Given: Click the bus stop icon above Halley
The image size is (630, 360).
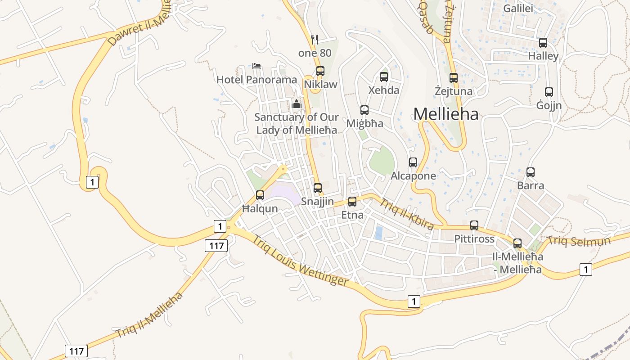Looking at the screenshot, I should [543, 43].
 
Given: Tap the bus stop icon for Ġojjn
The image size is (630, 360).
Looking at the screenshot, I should [549, 92].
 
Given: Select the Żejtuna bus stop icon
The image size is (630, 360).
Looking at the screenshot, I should [454, 78].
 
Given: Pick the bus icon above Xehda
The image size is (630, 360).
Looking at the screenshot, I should [384, 77].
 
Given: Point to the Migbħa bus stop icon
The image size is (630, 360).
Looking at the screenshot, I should [364, 110].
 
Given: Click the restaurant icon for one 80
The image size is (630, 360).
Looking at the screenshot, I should [315, 40].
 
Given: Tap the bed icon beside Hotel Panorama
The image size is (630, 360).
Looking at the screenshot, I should [256, 66].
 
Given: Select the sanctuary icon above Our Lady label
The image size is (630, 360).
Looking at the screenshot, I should [297, 104].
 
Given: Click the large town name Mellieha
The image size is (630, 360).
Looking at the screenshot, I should [446, 114].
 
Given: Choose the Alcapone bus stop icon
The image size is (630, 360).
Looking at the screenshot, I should [413, 162].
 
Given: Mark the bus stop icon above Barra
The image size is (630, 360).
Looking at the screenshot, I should [531, 172].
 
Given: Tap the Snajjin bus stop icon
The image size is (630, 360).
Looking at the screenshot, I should [318, 188].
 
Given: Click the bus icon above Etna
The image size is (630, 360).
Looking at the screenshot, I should [352, 202].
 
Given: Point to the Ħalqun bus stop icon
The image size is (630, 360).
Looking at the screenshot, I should [260, 195].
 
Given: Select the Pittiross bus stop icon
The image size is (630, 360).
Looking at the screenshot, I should [474, 225].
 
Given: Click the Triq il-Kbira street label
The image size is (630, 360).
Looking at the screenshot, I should [407, 214].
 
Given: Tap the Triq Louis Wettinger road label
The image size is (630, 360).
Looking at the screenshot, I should [300, 260].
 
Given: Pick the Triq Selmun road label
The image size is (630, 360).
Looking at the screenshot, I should [579, 241].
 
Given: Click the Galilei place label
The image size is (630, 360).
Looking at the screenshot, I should [518, 9].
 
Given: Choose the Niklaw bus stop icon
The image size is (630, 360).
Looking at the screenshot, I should [320, 71].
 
